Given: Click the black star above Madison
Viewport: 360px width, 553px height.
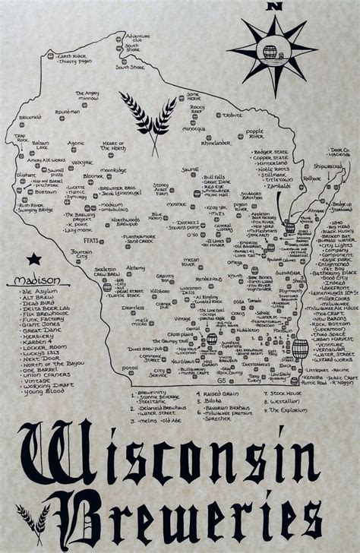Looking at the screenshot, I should click(33, 259).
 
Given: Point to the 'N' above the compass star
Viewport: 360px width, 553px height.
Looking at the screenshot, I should click(275, 6).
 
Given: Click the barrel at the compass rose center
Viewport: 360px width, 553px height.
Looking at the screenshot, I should click(270, 52).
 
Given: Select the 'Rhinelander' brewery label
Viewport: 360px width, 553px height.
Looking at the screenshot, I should click(216, 142).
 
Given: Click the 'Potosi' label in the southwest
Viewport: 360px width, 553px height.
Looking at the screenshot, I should click(129, 368).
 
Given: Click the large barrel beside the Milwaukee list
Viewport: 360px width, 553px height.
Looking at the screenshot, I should click(300, 349).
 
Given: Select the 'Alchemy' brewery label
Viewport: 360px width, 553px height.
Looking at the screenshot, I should click(135, 268).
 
